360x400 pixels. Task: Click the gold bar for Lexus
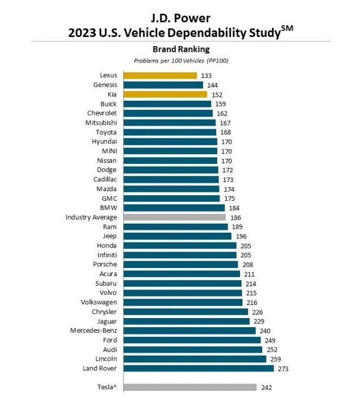[x=160, y=76]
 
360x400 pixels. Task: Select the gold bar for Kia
[x=164, y=94]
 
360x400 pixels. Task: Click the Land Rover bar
[x=198, y=369]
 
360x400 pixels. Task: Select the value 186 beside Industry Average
[x=236, y=217]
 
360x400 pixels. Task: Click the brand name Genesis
[x=105, y=85]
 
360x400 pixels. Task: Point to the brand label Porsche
[x=105, y=265]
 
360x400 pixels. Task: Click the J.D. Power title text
[x=181, y=15]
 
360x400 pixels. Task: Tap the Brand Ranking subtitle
[x=181, y=50]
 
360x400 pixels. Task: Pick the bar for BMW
[x=173, y=208]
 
